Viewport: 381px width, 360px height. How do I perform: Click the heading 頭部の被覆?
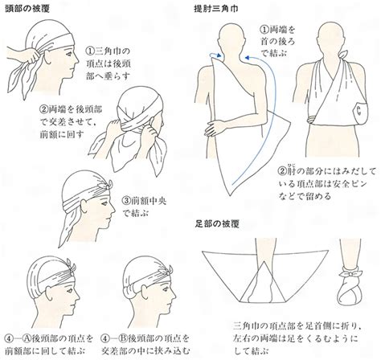click(x=27, y=8)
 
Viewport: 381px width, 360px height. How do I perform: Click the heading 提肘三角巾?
click(x=216, y=9)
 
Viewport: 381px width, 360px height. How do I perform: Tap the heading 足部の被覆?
click(x=217, y=223)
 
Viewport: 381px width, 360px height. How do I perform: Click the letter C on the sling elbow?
click(x=358, y=111)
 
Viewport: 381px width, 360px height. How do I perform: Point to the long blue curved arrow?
click(x=273, y=112)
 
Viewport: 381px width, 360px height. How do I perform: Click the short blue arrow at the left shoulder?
click(x=215, y=55)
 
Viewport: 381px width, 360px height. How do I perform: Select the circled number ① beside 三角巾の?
click(x=91, y=51)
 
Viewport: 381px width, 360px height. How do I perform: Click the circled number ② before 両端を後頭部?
click(x=44, y=109)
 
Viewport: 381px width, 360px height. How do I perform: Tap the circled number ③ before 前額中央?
click(x=126, y=200)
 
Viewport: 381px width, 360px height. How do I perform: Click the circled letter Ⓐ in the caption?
click(x=27, y=338)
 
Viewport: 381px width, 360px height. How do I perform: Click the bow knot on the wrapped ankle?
click(x=350, y=274)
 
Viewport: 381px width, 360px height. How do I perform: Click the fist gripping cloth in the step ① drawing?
click(x=34, y=55)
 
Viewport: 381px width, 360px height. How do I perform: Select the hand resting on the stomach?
click(x=215, y=128)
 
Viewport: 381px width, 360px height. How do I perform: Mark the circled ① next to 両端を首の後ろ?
click(x=264, y=29)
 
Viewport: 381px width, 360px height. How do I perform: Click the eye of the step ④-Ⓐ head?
click(x=69, y=290)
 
